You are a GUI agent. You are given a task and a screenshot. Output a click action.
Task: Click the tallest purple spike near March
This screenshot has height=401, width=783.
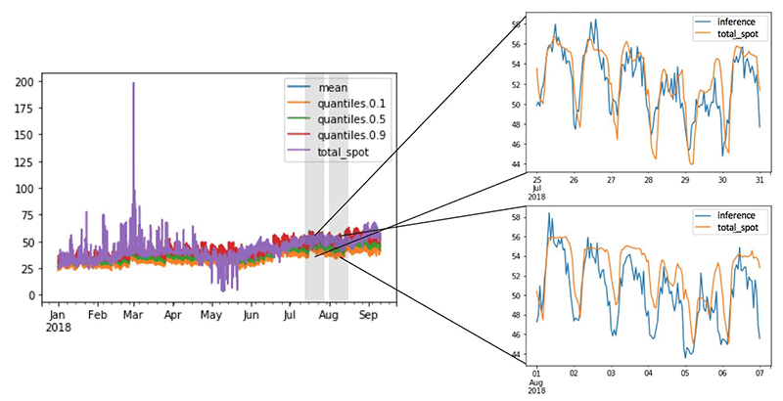coord(134,86)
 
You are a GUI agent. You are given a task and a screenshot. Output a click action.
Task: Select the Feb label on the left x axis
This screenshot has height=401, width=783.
coord(97,316)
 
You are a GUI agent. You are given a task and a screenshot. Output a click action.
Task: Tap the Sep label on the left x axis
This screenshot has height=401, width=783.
coord(368,316)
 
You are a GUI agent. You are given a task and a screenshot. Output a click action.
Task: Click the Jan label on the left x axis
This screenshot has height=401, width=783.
coord(58,316)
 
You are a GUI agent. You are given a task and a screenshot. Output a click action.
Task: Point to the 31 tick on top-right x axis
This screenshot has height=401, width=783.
coord(760,180)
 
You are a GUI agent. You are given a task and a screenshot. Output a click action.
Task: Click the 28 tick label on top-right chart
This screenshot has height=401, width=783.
coord(648,180)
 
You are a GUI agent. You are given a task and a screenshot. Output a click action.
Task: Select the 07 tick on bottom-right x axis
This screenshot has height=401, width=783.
coord(760,374)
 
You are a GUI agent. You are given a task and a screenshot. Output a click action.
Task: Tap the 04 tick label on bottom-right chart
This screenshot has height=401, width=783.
coord(648,374)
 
